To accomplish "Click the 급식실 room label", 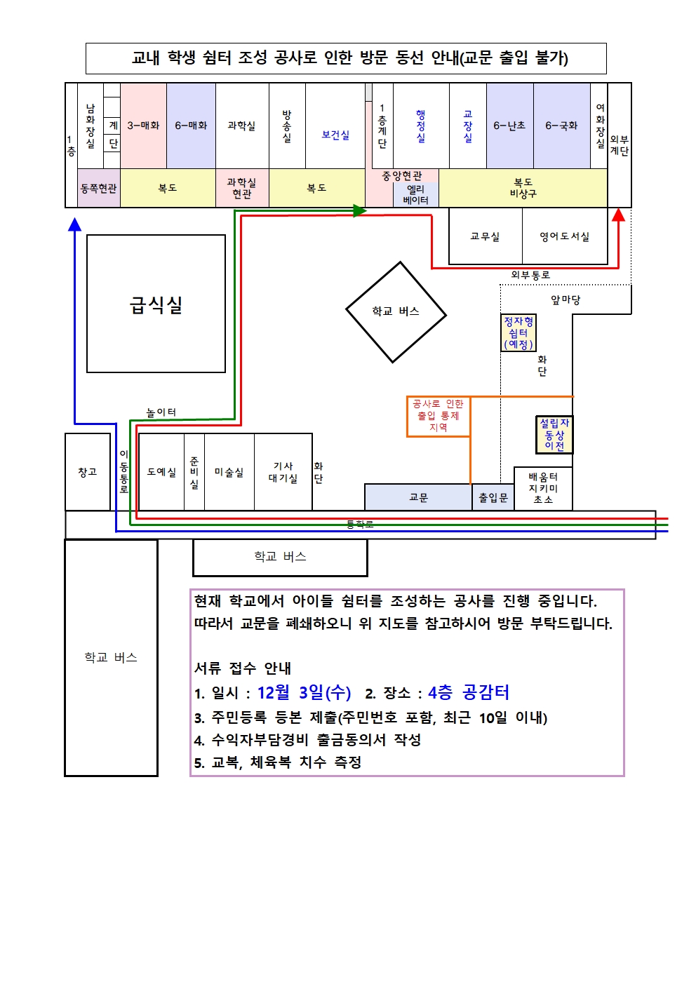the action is click(x=156, y=304).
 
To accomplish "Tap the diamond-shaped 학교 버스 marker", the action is click(x=396, y=311).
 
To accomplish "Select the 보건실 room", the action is click(x=335, y=135).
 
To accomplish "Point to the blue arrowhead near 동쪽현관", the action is click(x=75, y=224).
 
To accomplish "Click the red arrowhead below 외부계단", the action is click(x=618, y=215).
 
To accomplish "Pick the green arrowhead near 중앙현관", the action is click(x=359, y=210).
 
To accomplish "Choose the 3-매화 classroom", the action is click(x=143, y=126).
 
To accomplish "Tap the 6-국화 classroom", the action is click(x=561, y=126).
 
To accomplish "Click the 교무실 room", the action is click(x=485, y=236).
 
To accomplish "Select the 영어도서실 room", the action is click(x=564, y=236).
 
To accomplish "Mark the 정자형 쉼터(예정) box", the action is click(x=518, y=332).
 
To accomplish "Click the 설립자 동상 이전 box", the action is click(x=554, y=434).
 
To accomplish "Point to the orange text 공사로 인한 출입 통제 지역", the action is click(x=438, y=415).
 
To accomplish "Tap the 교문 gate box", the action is click(x=418, y=497).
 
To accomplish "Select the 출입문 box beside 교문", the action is click(x=493, y=497).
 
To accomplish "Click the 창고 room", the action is click(x=88, y=472).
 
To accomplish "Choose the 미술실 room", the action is click(x=229, y=472).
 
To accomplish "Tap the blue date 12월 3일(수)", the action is click(x=304, y=693).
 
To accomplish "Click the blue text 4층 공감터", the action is click(x=469, y=693).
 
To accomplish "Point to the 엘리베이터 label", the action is click(x=415, y=194).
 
